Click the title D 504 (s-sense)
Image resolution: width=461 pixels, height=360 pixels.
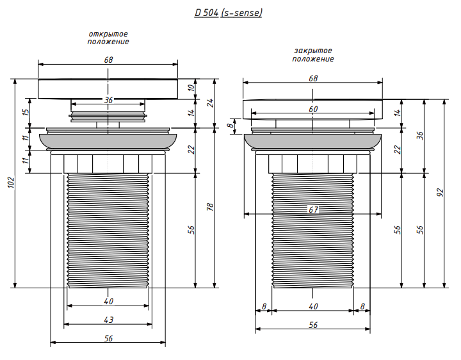229,13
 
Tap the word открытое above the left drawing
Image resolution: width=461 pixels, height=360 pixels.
108,33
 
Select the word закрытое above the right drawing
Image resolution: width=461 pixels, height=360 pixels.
313,51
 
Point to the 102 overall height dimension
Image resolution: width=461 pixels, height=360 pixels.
9,183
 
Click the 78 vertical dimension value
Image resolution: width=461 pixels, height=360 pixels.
209,207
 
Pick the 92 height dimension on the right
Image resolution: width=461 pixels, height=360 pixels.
440,193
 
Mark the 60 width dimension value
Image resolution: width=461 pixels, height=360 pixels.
313,109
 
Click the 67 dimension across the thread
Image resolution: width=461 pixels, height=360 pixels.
313,209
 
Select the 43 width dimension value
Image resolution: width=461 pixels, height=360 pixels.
108,320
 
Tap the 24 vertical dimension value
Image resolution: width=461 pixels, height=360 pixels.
209,102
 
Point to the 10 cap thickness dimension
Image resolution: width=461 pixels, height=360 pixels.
190,88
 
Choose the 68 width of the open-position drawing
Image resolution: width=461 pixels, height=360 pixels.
108,59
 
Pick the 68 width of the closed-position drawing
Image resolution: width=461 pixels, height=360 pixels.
313,78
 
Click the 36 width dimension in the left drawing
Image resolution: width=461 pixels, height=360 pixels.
108,100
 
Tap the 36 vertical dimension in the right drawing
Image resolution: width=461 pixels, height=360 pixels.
419,135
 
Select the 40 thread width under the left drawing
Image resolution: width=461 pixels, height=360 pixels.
108,301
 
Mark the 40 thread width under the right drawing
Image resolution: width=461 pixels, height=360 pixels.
313,307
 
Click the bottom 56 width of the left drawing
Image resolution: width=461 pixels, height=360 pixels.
108,339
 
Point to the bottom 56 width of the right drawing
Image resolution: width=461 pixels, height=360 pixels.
313,325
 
